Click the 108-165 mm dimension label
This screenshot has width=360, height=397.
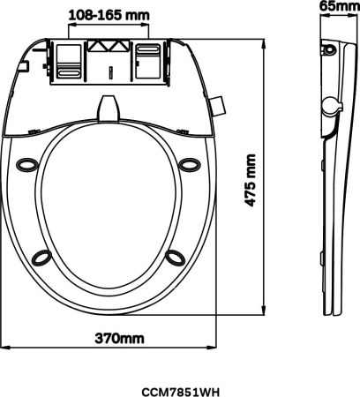tap(109, 15)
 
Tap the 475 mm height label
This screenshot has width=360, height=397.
tap(250, 180)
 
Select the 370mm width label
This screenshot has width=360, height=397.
tap(119, 339)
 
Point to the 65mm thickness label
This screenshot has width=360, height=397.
tap(340, 6)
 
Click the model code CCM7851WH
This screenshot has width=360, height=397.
tap(181, 392)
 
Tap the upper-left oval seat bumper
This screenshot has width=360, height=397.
tap(27, 165)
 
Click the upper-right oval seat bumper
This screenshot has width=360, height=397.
tap(190, 165)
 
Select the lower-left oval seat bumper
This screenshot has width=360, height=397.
tap(41, 257)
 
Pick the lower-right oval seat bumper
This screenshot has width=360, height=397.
tap(176, 257)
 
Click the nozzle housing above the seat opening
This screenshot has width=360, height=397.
tap(109, 109)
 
